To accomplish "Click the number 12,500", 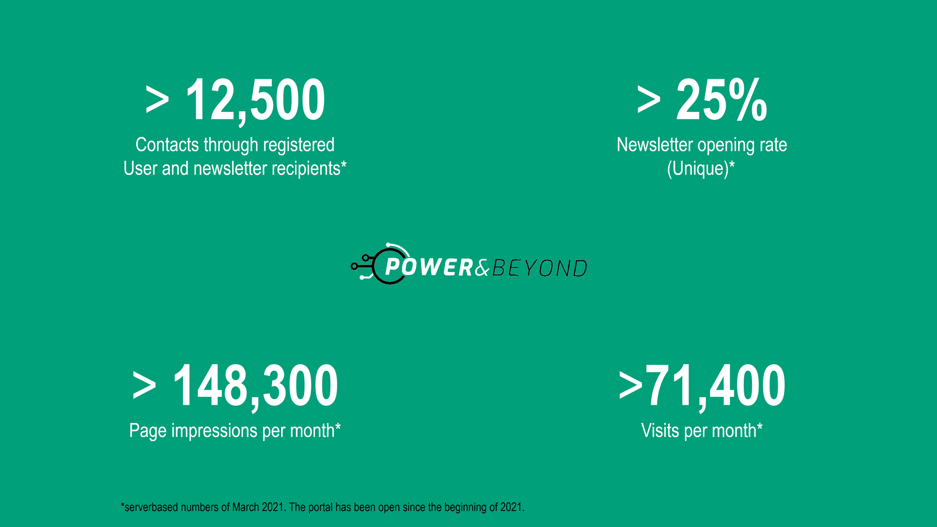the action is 255,101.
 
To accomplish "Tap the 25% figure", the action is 721,100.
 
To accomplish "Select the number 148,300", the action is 255,386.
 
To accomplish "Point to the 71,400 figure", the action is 715,386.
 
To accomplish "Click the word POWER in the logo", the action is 429,267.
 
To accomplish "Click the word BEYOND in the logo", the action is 540,268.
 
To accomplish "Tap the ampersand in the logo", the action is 483,268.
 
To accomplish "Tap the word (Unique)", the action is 698,169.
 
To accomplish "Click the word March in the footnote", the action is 246,507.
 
